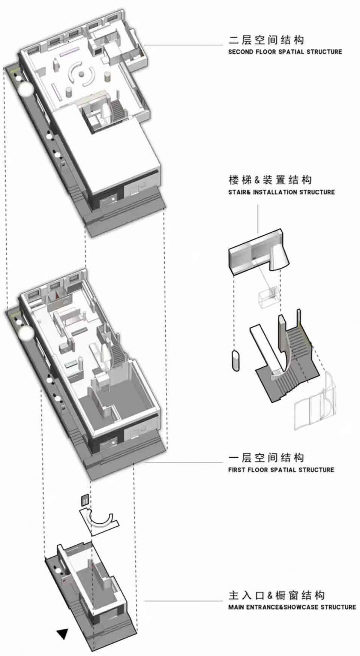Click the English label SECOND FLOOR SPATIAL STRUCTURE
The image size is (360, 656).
point(285,52)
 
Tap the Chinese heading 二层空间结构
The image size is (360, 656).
point(266,40)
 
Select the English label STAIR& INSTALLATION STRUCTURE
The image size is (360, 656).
point(281,192)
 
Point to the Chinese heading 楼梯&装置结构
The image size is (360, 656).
point(270,180)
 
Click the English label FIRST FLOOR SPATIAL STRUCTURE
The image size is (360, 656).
point(281,469)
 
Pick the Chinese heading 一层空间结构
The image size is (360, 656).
point(266,457)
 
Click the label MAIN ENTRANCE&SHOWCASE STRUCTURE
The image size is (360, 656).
point(292,607)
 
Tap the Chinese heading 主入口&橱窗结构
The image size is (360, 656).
point(276,595)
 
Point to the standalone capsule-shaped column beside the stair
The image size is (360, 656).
point(235,361)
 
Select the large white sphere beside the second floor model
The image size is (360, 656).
point(25,90)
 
